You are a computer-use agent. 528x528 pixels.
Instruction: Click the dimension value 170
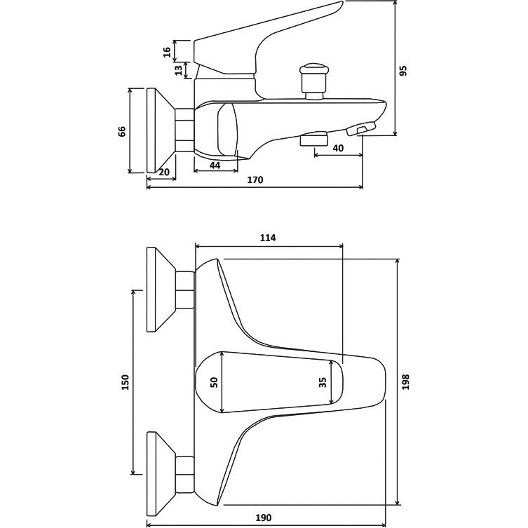(x=255, y=180)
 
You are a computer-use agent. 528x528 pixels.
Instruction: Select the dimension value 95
(x=402, y=71)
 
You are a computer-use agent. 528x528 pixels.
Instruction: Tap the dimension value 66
(x=121, y=131)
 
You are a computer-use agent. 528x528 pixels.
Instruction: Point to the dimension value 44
(x=215, y=165)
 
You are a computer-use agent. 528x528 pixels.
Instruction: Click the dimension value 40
(x=337, y=148)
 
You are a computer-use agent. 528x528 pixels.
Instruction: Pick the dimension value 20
(x=164, y=172)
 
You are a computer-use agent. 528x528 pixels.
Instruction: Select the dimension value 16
(x=167, y=51)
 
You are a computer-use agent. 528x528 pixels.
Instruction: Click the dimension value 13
(x=179, y=69)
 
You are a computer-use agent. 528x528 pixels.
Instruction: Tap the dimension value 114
(x=268, y=238)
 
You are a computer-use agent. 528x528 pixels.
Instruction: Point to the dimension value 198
(x=405, y=381)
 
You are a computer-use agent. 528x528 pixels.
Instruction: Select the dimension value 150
(x=125, y=382)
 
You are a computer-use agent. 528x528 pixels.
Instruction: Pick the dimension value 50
(x=215, y=382)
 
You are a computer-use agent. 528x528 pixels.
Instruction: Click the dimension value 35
(x=322, y=382)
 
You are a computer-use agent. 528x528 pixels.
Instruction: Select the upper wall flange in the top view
(x=157, y=290)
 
